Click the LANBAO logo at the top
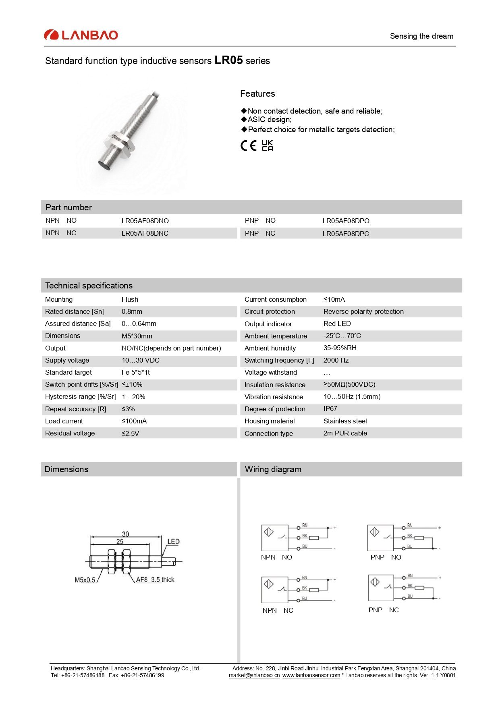click(x=81, y=35)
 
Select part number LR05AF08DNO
click(x=145, y=221)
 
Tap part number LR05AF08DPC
click(x=345, y=234)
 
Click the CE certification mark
click(x=248, y=145)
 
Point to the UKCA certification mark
click(x=267, y=145)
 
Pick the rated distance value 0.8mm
click(x=132, y=311)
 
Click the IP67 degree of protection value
click(x=330, y=408)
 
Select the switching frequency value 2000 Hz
click(x=336, y=360)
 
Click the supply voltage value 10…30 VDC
click(x=140, y=360)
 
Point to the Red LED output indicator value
click(x=337, y=323)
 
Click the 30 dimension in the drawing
click(x=125, y=534)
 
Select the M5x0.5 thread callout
click(x=85, y=580)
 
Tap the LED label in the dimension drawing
click(x=173, y=541)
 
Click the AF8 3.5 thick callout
click(x=155, y=580)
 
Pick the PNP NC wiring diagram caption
click(x=383, y=610)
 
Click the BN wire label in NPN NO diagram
click(x=305, y=525)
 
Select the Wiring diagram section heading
click(x=273, y=469)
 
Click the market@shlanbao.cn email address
click(x=254, y=675)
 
